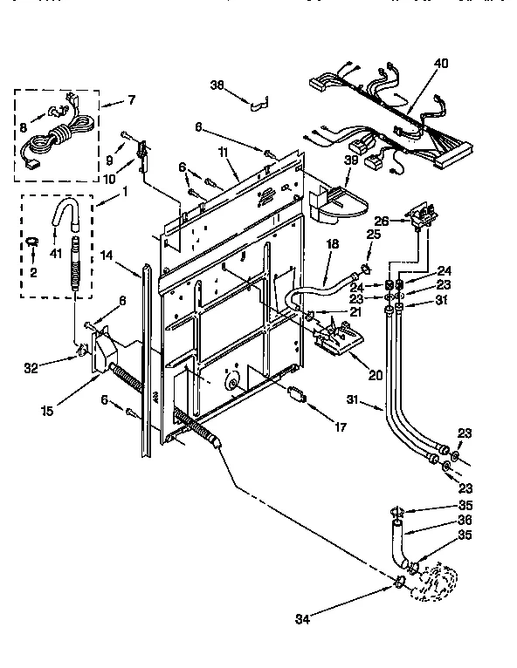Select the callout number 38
pos(217,85)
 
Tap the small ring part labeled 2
pos(31,240)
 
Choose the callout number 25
pos(374,235)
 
